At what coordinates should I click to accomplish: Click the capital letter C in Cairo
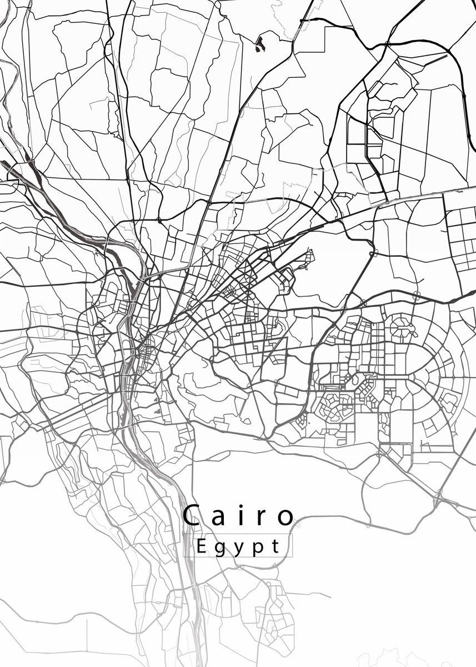coord(192,516)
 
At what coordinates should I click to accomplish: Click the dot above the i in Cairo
coord(242,506)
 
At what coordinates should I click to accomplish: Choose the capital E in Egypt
coord(202,546)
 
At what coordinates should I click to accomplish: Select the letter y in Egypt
coord(240,549)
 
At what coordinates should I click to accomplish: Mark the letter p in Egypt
coord(258,549)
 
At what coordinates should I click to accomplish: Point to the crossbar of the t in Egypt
coord(275,542)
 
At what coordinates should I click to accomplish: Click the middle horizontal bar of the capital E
coord(202,546)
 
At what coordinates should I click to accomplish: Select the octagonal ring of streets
coord(403,326)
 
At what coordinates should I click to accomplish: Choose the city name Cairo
coord(238,516)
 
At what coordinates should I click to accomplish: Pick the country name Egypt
coord(238,546)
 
